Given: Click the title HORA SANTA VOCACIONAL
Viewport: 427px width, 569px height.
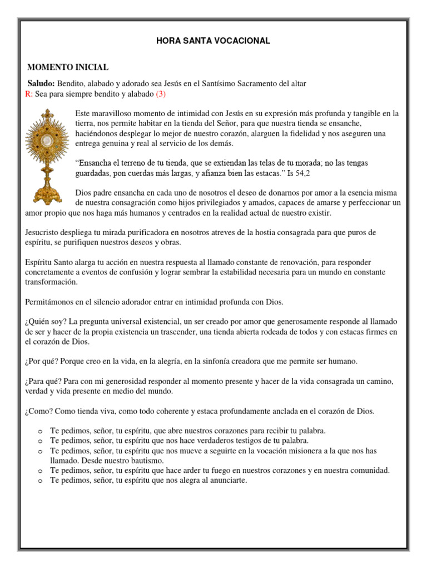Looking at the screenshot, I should coord(213,41).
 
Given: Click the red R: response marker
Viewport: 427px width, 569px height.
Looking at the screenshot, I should coord(29,93).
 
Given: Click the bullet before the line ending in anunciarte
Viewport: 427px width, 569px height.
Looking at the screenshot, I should coord(40,481).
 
